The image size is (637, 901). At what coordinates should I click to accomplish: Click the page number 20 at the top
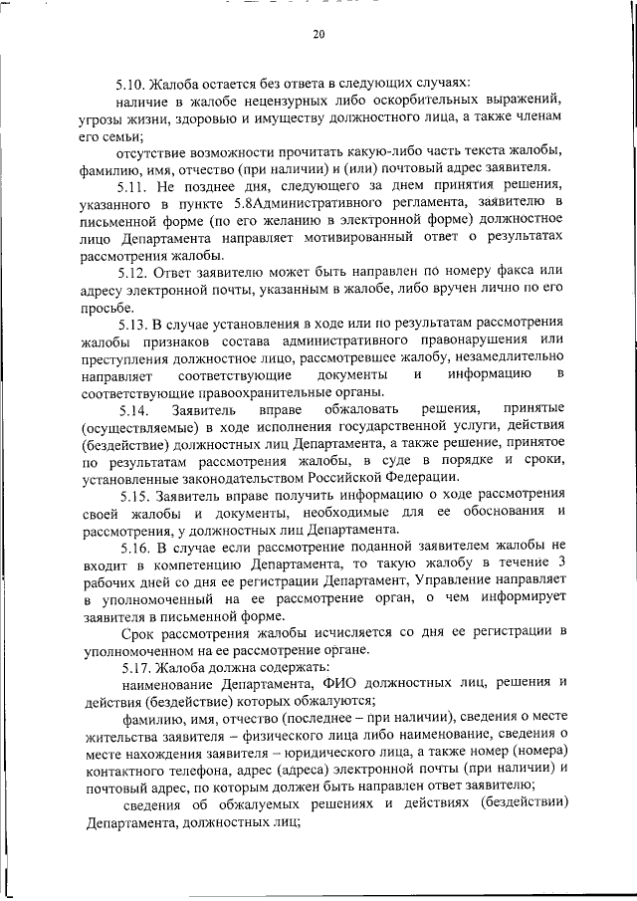pos(318,34)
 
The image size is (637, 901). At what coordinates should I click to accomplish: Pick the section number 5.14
pos(135,409)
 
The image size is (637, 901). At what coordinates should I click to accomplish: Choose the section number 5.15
pos(135,495)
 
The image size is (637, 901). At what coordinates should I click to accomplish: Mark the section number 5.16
pos(135,547)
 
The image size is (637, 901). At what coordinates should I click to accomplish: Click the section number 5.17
pos(135,667)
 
